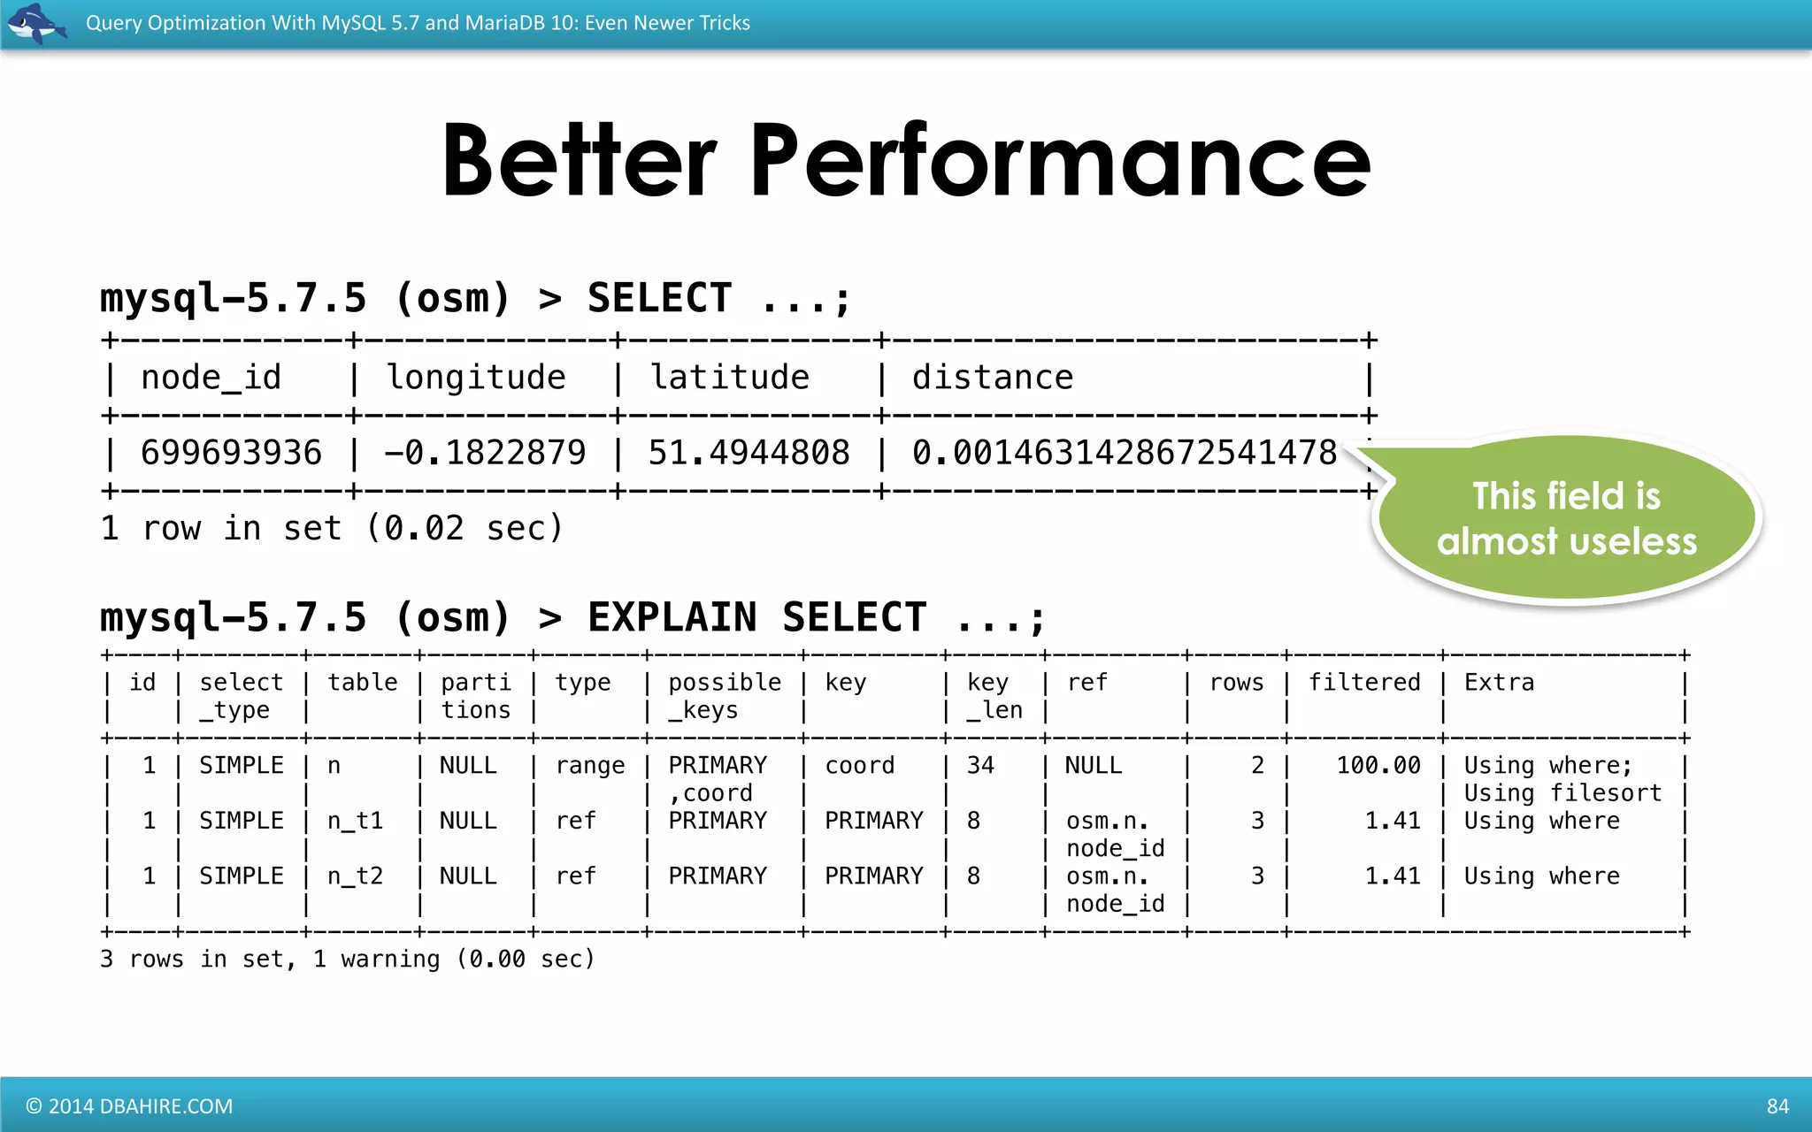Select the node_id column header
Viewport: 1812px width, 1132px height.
211,378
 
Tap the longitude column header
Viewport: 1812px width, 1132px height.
476,378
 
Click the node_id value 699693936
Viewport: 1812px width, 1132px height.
231,453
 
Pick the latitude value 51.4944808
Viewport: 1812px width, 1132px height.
749,453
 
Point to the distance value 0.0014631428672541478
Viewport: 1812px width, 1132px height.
1124,453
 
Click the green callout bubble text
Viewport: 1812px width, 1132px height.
1566,519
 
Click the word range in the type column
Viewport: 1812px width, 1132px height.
590,766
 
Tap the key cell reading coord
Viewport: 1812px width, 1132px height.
859,766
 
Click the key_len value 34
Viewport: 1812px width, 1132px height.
980,766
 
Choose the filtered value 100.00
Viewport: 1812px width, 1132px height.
1378,766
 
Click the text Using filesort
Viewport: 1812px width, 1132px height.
1562,793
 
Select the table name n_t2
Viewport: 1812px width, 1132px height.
355,876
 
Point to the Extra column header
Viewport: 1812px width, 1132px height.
1499,683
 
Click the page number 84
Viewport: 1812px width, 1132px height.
1777,1106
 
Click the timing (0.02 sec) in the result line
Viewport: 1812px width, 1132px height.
465,529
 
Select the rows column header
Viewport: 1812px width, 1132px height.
1236,683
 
